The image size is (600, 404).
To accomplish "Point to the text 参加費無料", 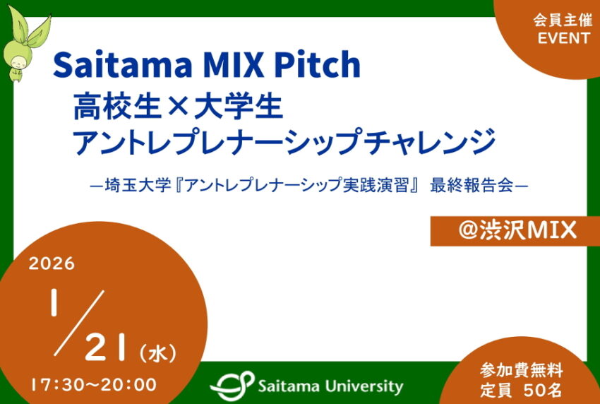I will (x=521, y=369).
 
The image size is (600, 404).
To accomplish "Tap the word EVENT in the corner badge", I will (x=563, y=39).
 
